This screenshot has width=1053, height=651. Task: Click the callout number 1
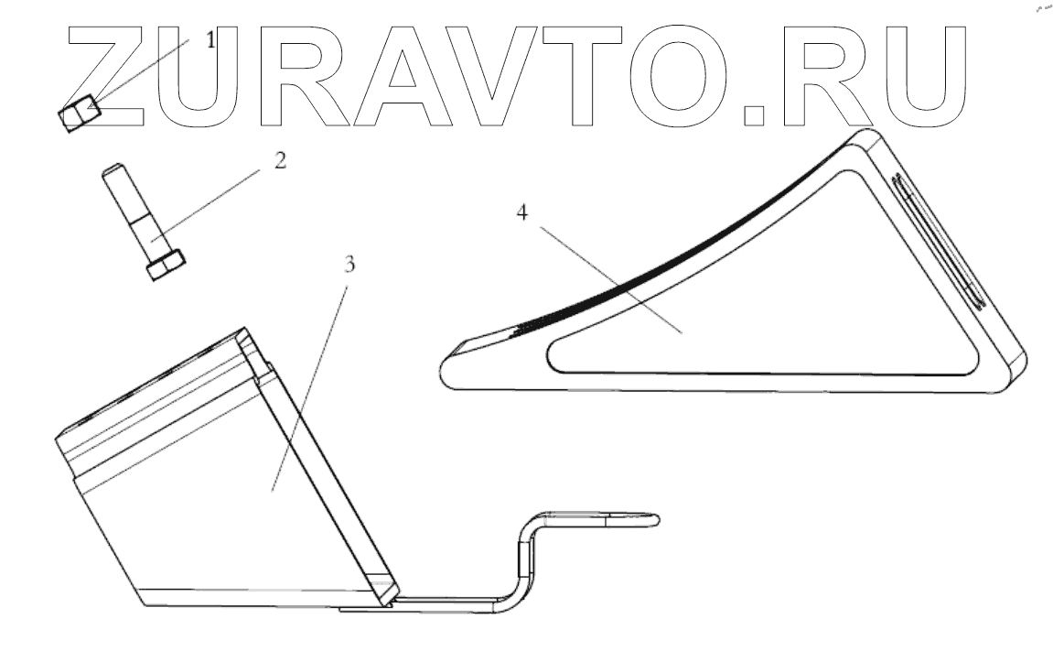(211, 40)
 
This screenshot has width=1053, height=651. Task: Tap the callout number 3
(349, 265)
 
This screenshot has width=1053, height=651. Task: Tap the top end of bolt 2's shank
(111, 171)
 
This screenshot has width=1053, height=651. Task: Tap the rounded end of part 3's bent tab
(651, 520)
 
